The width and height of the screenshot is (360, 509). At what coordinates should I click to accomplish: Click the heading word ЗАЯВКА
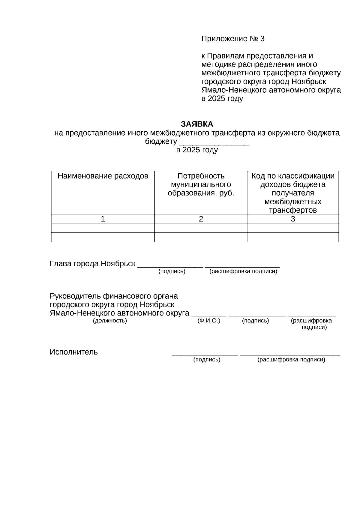tap(197, 124)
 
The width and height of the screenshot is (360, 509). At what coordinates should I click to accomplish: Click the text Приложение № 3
tap(233, 39)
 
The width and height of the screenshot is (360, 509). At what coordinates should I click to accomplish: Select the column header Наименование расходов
tap(103, 176)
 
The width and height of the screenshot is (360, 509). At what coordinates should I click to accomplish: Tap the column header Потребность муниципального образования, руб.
tap(201, 184)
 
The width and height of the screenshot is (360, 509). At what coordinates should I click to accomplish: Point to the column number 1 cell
tap(103, 219)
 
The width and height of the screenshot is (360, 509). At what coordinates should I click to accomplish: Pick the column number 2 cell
tap(201, 219)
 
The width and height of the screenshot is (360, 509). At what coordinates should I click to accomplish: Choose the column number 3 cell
tap(293, 219)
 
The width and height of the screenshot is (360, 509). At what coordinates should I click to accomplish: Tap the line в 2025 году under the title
tap(197, 150)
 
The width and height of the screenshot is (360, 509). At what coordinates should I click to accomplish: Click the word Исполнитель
tap(74, 352)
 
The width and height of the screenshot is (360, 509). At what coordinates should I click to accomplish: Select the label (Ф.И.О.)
tap(209, 321)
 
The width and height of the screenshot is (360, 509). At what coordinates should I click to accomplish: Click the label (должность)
tap(110, 321)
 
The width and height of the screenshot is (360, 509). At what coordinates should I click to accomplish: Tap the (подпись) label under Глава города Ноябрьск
tap(172, 271)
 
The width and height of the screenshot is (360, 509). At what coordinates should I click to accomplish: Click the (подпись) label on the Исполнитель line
tap(207, 359)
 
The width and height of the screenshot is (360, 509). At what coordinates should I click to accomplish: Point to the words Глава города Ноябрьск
tap(93, 264)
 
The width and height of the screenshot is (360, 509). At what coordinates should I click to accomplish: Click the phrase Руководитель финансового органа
tap(114, 296)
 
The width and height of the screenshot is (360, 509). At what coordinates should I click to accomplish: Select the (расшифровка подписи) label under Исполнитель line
tap(291, 359)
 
